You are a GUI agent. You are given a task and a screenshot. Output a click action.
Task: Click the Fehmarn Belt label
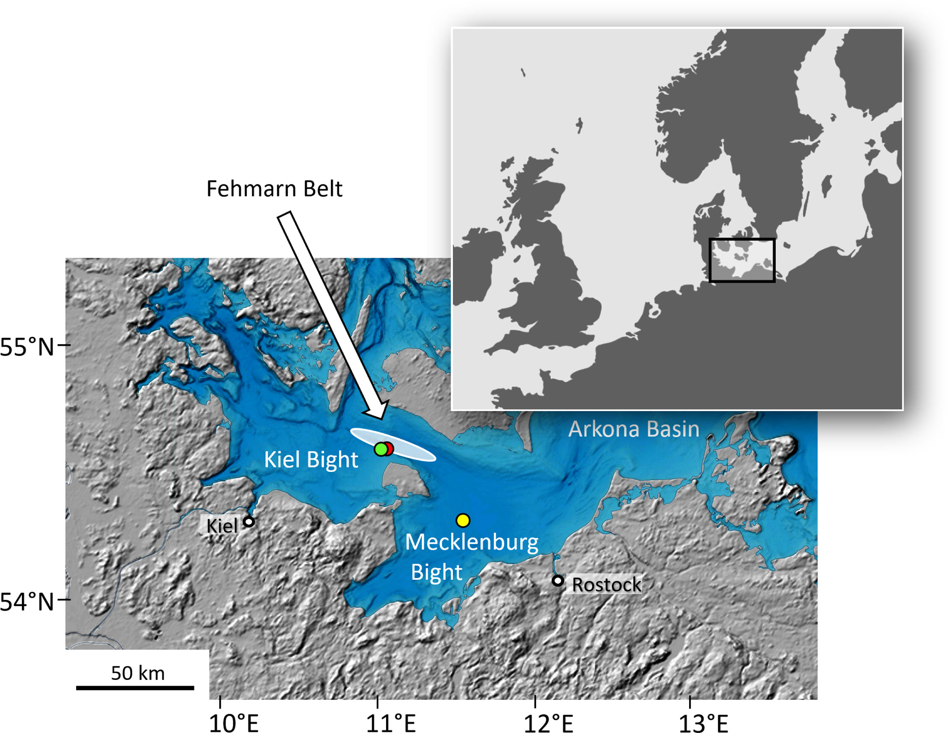point(274,189)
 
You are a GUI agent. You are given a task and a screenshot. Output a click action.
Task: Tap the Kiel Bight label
point(311,460)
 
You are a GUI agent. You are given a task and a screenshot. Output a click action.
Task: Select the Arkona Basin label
point(634,429)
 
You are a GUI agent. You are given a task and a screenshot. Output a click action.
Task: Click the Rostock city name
point(606,585)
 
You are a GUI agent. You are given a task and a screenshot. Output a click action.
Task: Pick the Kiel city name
point(222,526)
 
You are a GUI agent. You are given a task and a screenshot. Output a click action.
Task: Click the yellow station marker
point(463,520)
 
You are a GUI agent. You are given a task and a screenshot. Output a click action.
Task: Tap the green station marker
point(381,449)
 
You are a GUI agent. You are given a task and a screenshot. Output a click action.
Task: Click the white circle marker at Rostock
point(558,580)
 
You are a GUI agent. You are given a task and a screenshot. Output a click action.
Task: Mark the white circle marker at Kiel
point(249,521)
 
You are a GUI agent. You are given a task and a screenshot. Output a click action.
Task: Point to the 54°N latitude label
point(27,602)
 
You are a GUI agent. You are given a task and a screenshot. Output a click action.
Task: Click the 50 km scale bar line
point(135,688)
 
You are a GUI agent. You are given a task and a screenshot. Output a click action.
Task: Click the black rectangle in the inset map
point(742,239)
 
